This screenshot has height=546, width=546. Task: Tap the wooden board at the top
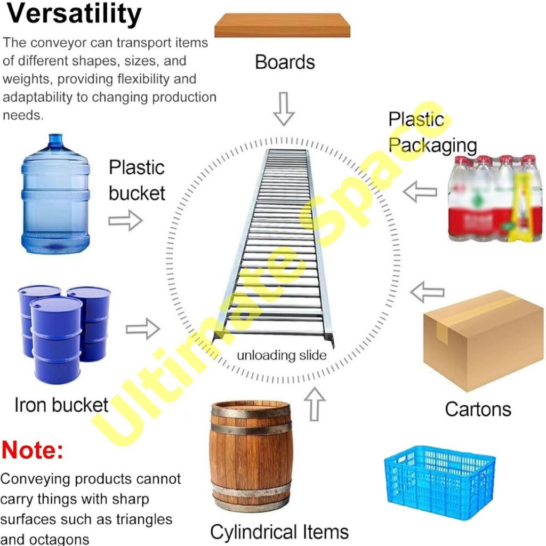[x=282, y=26]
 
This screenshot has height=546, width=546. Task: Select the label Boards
[x=285, y=62]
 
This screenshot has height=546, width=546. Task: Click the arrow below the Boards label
[x=284, y=108]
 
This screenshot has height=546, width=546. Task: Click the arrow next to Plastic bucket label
[x=125, y=220]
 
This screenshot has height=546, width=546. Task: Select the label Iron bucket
[x=61, y=405]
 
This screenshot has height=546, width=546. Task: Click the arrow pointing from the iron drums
[x=142, y=329]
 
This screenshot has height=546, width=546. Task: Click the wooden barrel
[x=251, y=456]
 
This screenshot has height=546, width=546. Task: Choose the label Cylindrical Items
[x=279, y=532]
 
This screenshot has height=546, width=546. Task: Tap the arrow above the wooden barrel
[x=316, y=404]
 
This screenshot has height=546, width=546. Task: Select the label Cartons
[x=478, y=409]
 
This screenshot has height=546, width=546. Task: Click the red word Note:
[x=32, y=450]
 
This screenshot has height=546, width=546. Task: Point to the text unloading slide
[x=282, y=355]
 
